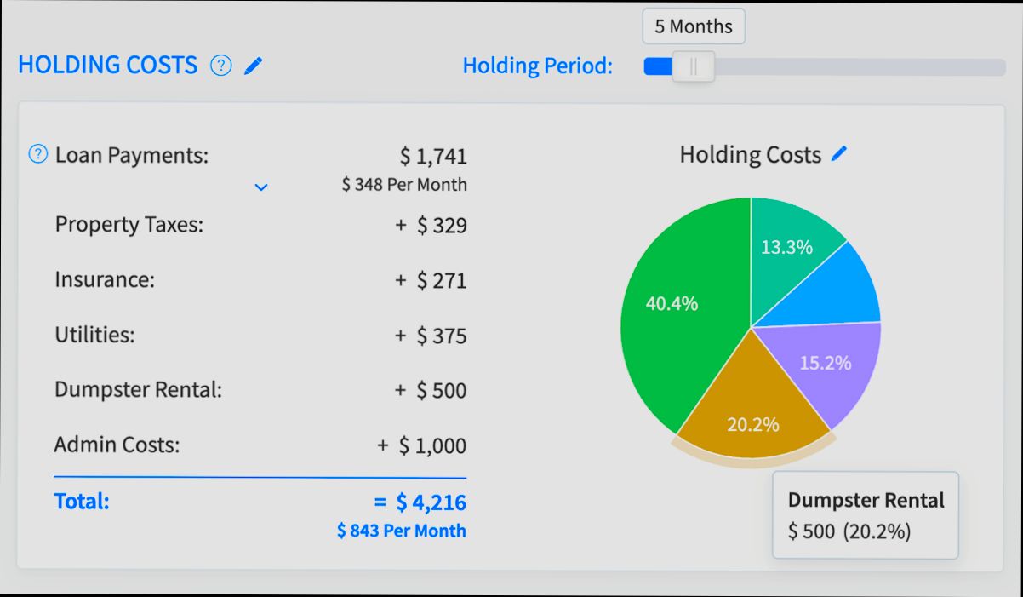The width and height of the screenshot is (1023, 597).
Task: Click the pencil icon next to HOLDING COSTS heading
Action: click(253, 66)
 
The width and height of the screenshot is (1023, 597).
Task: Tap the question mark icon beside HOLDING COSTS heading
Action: click(221, 66)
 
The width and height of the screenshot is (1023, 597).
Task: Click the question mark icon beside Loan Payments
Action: click(38, 154)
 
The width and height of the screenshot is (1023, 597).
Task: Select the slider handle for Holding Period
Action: click(693, 67)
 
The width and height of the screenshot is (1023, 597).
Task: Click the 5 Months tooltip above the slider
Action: click(693, 26)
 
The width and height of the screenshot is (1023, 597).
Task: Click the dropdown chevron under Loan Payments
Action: click(261, 187)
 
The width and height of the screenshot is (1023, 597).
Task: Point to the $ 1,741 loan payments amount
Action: click(433, 157)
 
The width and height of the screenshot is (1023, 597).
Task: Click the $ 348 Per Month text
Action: click(404, 185)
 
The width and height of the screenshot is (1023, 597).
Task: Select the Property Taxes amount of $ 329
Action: click(441, 226)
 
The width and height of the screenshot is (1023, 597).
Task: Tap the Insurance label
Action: click(105, 280)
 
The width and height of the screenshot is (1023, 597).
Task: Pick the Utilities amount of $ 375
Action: click(441, 336)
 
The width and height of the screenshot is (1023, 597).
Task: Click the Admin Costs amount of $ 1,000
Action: click(432, 446)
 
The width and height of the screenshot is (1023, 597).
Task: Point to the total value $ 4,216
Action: click(431, 502)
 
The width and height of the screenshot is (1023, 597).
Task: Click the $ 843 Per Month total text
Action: click(402, 531)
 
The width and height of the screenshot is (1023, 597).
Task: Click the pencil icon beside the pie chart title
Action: click(839, 154)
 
